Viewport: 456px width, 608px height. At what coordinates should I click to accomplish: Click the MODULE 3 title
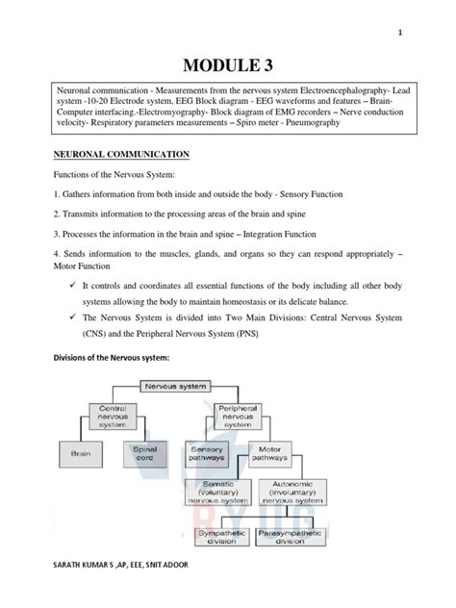[228, 64]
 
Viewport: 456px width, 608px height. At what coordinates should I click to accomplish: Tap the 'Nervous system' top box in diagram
[176, 386]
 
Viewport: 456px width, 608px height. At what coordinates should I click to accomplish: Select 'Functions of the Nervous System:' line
[111, 176]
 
